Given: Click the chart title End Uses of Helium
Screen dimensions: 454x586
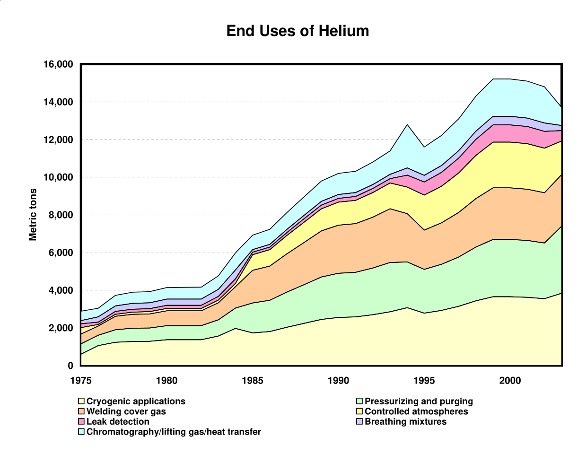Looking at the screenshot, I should coord(297,31).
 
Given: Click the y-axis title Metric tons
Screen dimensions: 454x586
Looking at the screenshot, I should coord(33,215).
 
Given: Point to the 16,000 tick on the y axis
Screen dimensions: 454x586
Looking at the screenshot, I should coord(59,64).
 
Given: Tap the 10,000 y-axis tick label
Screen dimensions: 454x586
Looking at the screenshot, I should coord(59,177).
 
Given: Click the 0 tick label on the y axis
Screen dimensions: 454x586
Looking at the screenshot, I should coord(70,366).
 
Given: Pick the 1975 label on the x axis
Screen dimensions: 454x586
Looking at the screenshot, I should coord(81,380).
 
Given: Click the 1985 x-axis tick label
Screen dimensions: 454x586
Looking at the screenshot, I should coord(253,380).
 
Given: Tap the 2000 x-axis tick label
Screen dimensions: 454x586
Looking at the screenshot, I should coord(510,380).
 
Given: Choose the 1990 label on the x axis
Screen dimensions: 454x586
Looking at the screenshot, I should coord(339,380).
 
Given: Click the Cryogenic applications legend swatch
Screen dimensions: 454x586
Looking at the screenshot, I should coord(81,402).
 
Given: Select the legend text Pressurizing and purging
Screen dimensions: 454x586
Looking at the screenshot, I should coord(419,402).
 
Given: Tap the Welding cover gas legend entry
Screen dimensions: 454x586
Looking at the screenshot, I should coord(126,411).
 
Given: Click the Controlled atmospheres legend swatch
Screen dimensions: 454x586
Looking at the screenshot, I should coord(359,411).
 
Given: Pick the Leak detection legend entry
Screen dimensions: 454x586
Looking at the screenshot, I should coord(118,422).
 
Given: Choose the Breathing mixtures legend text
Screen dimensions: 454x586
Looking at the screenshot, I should coord(405,422).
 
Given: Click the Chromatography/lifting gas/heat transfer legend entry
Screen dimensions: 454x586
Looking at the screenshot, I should coord(174,432).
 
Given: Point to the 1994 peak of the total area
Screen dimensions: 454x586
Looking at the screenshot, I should coord(407,124).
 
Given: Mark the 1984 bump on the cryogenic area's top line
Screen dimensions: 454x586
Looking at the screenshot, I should coord(236,328).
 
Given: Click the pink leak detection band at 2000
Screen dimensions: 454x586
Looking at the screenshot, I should coord(510,133).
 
